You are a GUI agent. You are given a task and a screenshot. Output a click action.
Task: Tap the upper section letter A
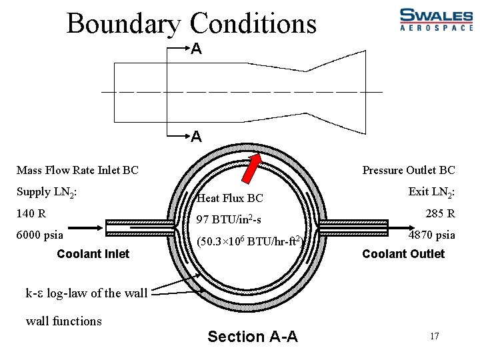(196, 49)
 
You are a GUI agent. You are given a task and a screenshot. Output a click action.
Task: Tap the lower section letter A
(196, 137)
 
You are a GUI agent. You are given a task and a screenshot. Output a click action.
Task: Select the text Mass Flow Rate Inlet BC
(77, 170)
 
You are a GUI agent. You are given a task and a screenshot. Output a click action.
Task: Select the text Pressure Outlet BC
(408, 170)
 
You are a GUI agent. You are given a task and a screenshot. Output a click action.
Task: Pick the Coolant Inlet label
(93, 254)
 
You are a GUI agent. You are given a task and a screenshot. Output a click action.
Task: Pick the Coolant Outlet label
(403, 254)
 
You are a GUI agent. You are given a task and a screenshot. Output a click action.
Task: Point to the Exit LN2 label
(431, 193)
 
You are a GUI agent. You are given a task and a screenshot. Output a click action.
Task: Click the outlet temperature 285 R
(441, 214)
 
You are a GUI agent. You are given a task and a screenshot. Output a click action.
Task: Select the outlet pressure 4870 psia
(432, 235)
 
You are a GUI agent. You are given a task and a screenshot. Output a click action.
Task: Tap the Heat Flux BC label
(230, 198)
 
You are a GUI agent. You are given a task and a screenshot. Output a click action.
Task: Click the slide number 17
(434, 336)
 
